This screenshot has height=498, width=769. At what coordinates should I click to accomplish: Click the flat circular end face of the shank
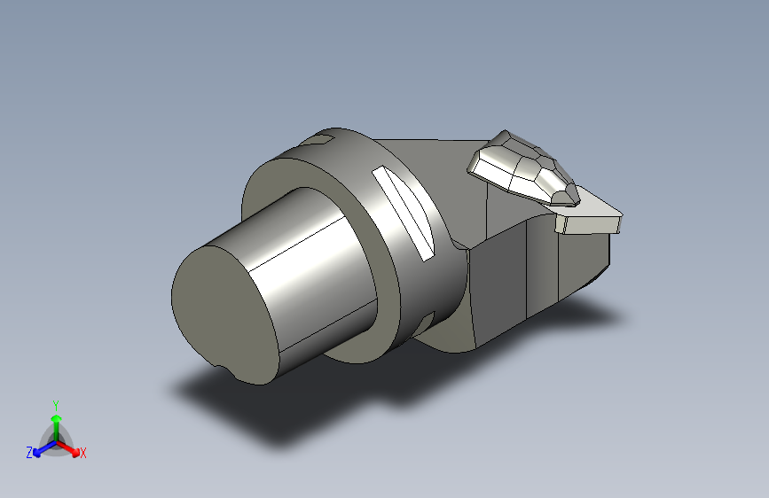pyautogui.click(x=224, y=314)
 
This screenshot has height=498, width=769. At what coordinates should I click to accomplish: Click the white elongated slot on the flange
pyautogui.click(x=404, y=214)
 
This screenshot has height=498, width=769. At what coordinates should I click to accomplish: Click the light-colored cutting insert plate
pyautogui.click(x=589, y=215)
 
